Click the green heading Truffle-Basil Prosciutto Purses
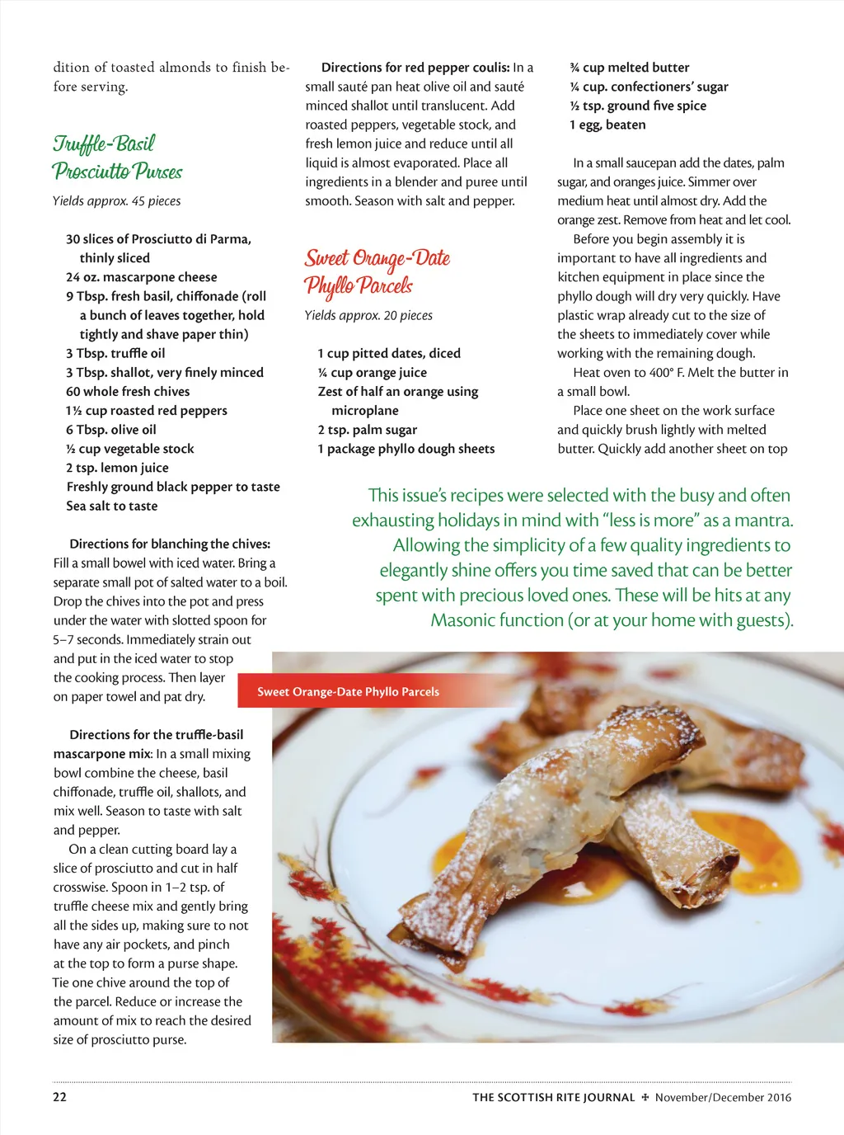(x=116, y=158)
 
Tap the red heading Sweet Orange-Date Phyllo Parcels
(x=377, y=271)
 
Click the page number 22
(x=60, y=1096)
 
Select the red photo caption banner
(x=348, y=691)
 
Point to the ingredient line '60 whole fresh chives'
(x=128, y=391)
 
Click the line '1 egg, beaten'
(x=607, y=125)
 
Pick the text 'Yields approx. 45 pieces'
(x=116, y=200)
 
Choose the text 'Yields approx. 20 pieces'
(x=368, y=315)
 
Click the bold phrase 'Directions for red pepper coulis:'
(x=415, y=68)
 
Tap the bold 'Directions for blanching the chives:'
(x=170, y=544)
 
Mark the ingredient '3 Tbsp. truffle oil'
(x=115, y=353)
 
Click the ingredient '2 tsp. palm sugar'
(x=368, y=429)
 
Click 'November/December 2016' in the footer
(x=723, y=1097)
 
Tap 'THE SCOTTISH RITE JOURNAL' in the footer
(x=553, y=1097)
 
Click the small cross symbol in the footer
(x=645, y=1097)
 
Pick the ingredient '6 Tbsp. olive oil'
(x=111, y=429)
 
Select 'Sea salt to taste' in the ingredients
(x=112, y=506)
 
